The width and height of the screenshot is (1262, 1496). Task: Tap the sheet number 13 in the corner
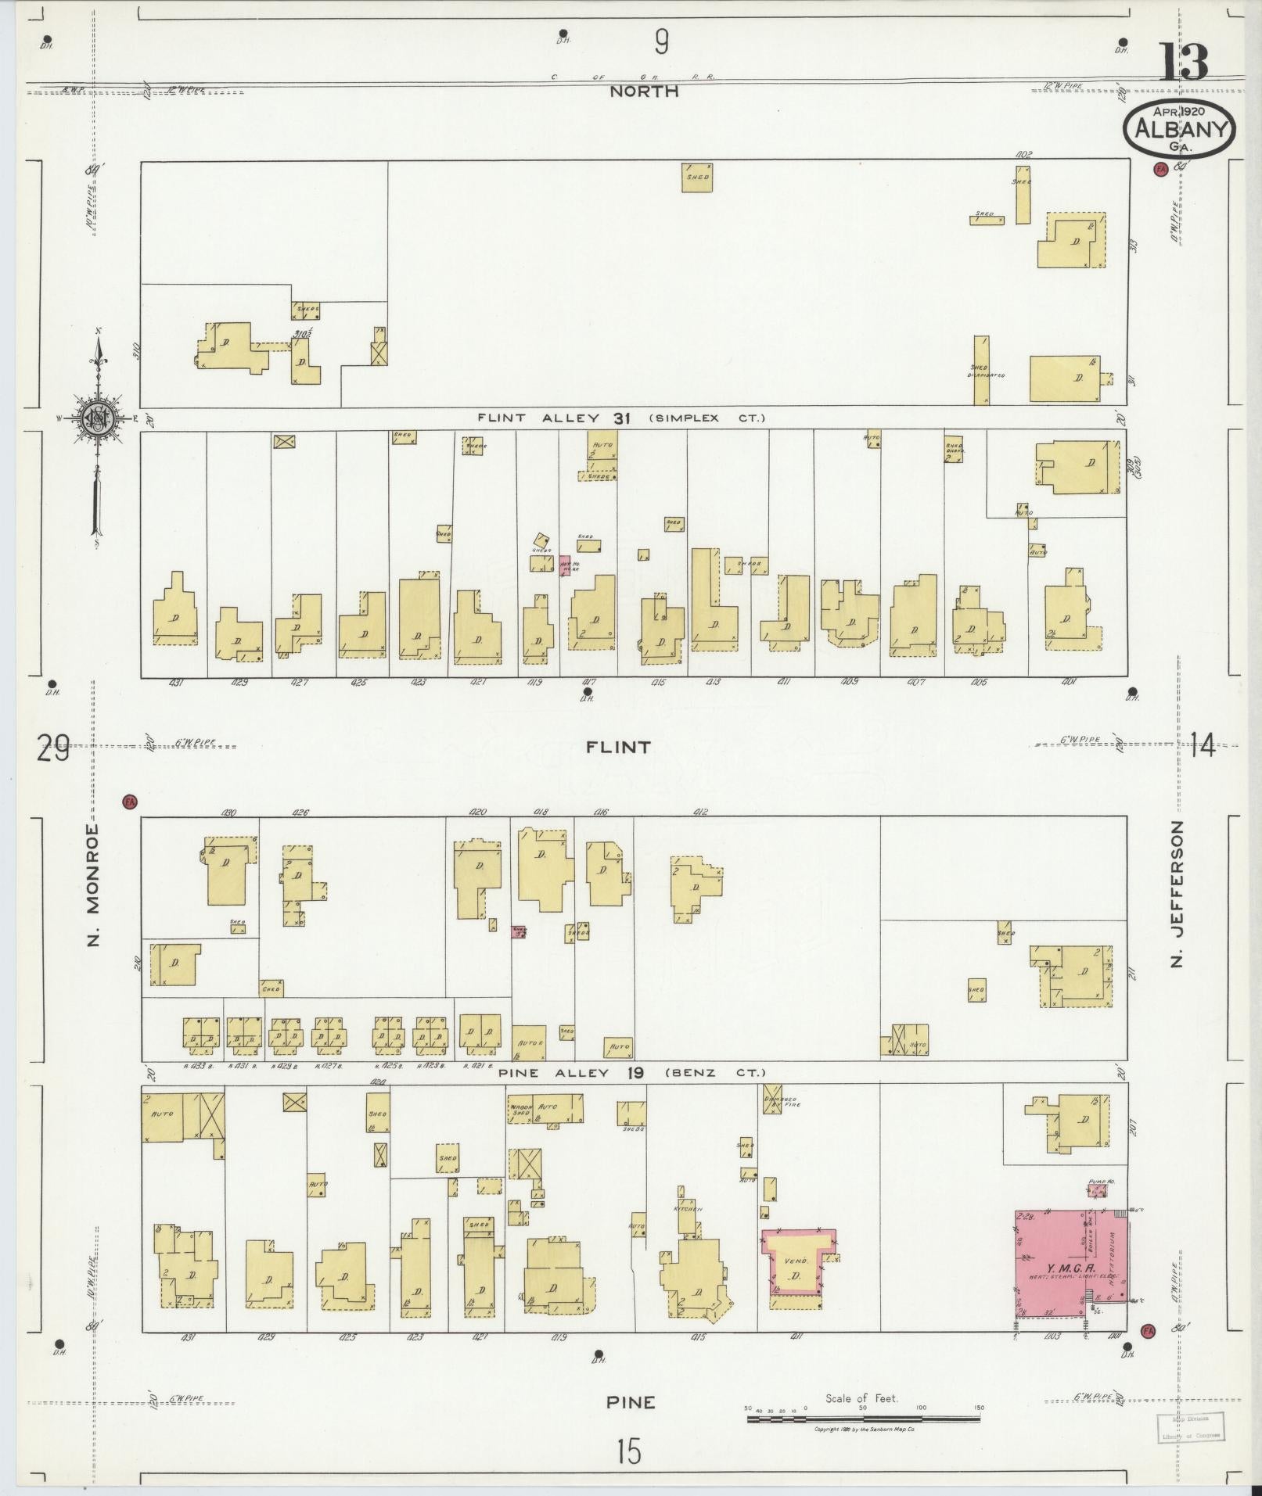point(1184,63)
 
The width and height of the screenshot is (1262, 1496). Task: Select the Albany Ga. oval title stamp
point(1179,129)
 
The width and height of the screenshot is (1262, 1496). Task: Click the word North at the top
point(644,91)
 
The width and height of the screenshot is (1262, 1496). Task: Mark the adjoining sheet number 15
point(628,1452)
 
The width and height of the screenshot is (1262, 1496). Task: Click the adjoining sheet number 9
point(662,41)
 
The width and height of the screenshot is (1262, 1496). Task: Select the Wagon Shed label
point(520,1109)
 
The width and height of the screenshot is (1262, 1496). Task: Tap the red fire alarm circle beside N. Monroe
point(130,801)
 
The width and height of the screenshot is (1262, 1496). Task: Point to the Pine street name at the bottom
point(631,1402)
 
